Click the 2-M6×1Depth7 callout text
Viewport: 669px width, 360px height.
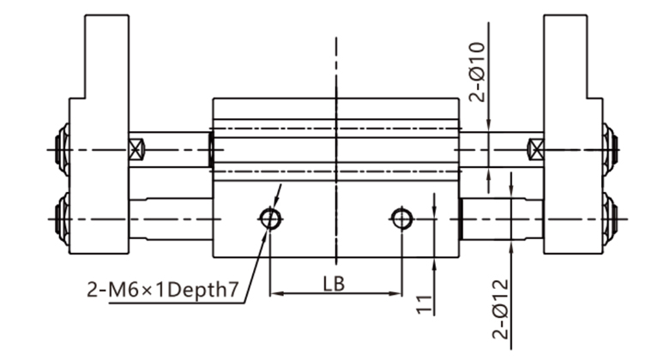tap(163, 290)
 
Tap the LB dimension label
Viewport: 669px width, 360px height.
tap(334, 284)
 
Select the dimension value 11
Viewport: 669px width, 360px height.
tap(424, 304)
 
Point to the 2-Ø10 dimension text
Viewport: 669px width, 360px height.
tap(477, 72)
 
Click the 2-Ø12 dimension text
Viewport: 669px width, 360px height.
tap(501, 309)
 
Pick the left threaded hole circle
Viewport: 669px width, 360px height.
tap(270, 219)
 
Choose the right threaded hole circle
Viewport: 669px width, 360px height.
tap(401, 219)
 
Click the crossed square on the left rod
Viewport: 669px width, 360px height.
tap(136, 149)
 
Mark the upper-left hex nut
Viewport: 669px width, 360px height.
tap(63, 149)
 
